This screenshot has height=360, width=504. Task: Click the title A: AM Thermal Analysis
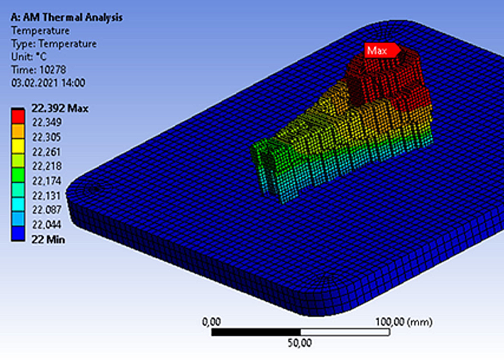pos(67,17)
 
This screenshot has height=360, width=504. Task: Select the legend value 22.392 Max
pos(60,108)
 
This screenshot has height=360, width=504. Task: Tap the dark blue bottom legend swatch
pos(19,233)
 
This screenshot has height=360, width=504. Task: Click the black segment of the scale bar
pos(257,332)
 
